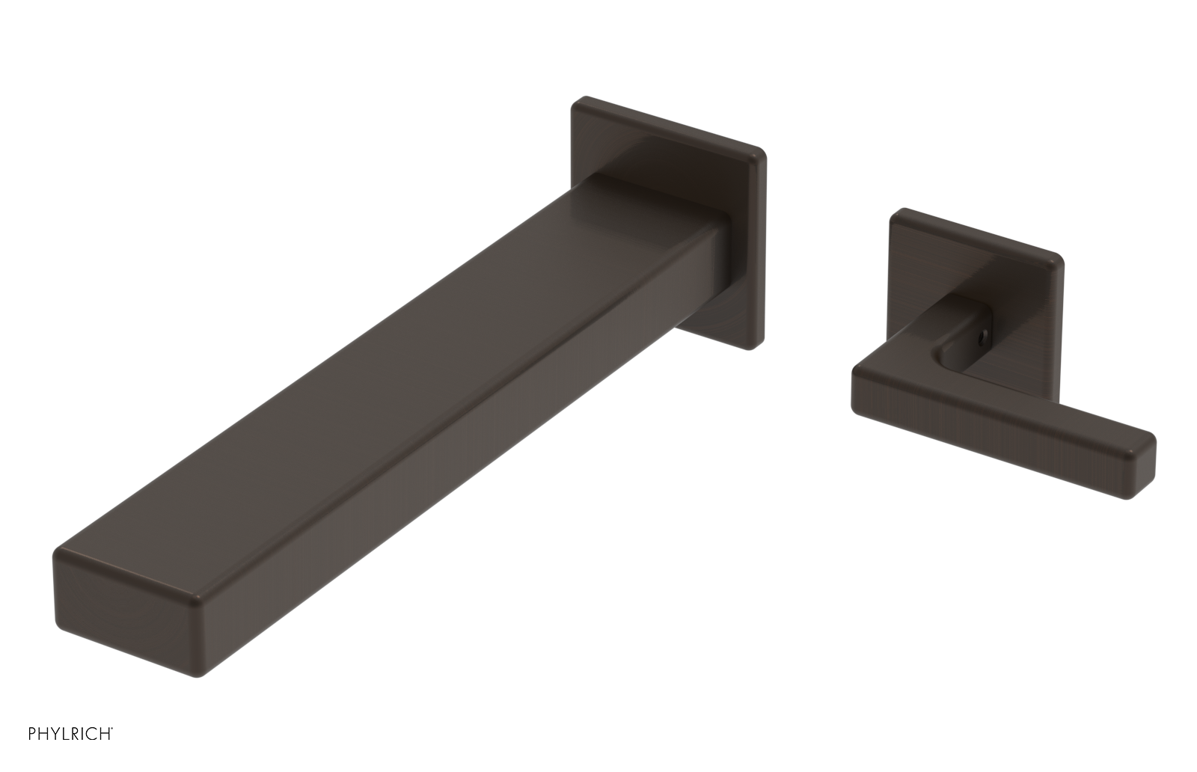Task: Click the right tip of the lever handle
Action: pos(1145,464)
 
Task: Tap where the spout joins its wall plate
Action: pos(722,247)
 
